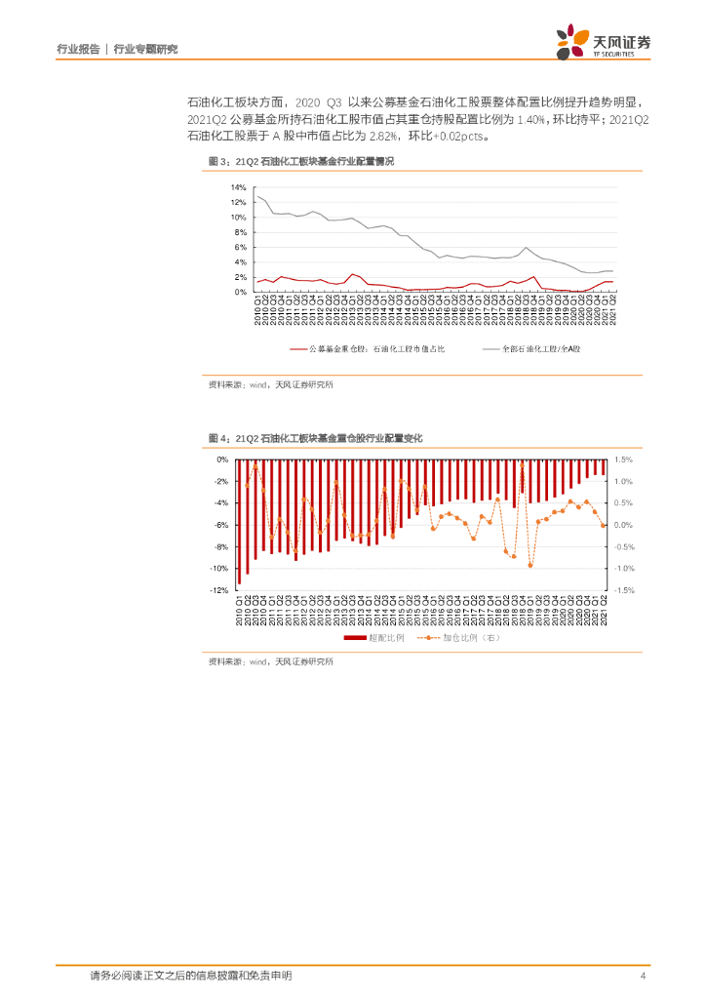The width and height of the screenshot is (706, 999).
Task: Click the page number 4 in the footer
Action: pos(642,976)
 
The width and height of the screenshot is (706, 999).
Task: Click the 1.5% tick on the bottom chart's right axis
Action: pos(625,459)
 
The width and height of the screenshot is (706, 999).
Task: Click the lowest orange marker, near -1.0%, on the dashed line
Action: pos(530,565)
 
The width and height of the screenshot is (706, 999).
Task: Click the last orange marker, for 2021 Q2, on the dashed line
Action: pos(604,525)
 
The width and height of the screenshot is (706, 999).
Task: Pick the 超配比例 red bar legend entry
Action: pos(367,638)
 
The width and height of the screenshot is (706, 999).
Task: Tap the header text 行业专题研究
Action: pos(145,48)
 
